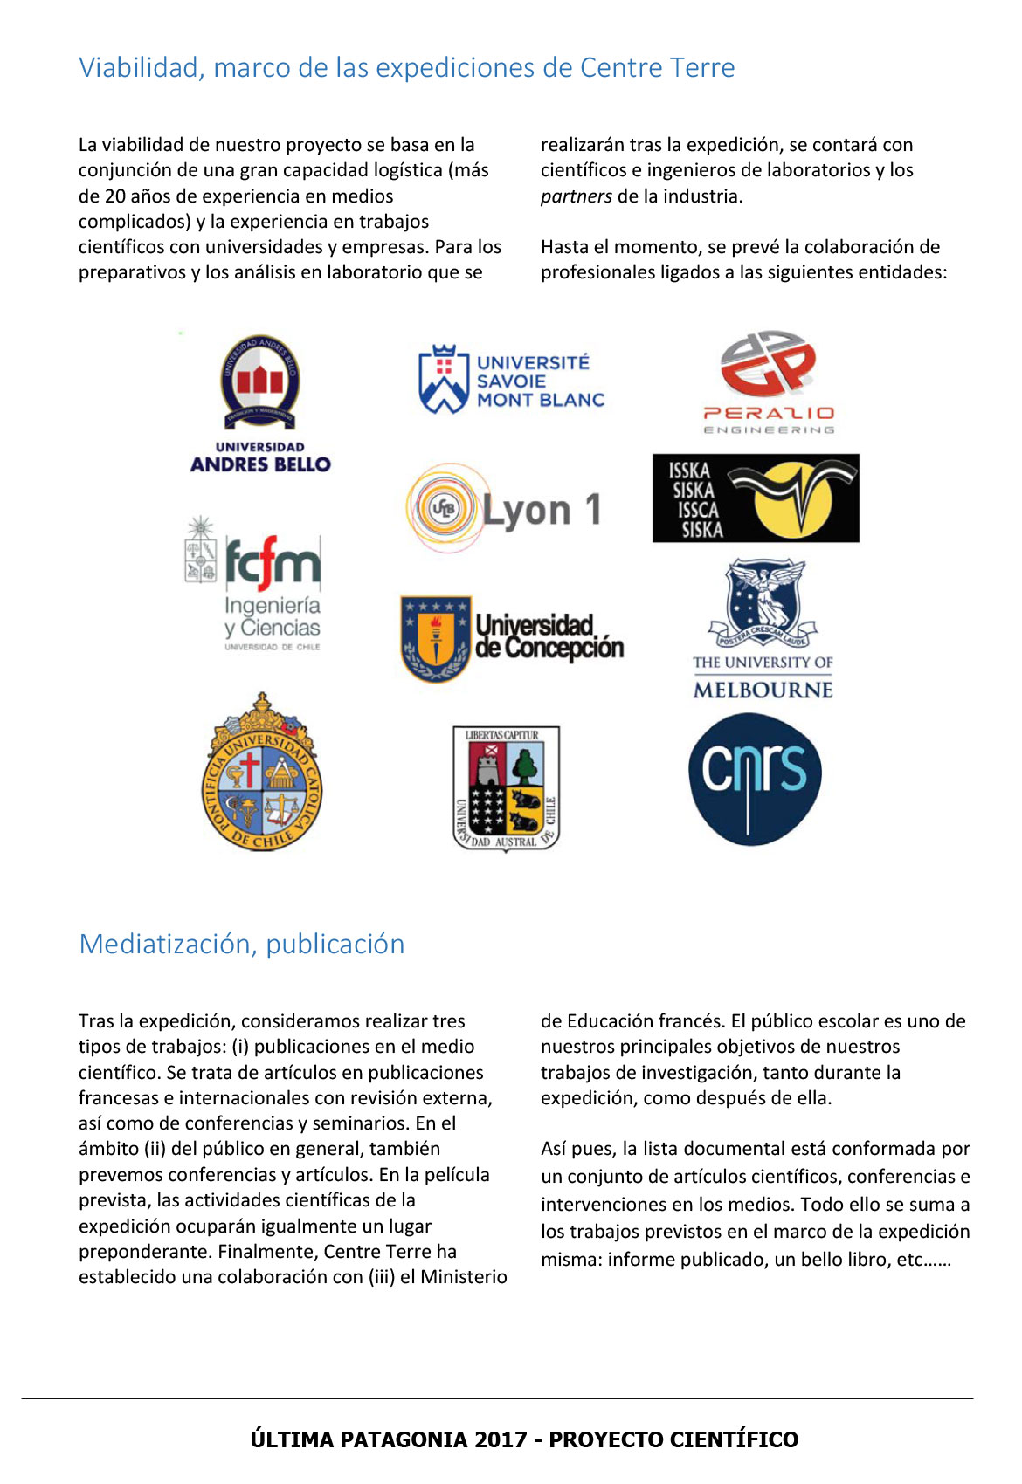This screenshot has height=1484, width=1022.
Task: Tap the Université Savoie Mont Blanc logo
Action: tap(512, 381)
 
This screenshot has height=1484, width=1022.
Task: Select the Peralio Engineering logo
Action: tap(769, 382)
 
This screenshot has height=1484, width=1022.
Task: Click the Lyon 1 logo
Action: tap(505, 509)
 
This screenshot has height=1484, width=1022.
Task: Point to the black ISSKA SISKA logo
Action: tap(756, 498)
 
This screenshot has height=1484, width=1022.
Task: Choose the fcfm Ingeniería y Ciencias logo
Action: tap(254, 583)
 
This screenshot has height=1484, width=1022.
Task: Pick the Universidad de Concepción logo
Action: tap(512, 638)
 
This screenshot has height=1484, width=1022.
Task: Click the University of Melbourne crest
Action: tap(763, 602)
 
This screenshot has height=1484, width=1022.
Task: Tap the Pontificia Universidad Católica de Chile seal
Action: tap(262, 773)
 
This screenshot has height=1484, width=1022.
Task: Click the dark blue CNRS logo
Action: tap(755, 779)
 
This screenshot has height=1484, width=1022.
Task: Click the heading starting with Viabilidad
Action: tap(406, 67)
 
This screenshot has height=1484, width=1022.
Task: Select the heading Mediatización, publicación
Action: tap(242, 944)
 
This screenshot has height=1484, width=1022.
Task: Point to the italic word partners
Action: tap(576, 196)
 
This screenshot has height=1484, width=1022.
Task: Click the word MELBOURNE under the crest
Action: tap(763, 690)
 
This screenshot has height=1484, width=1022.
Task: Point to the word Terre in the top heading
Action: tap(701, 67)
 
